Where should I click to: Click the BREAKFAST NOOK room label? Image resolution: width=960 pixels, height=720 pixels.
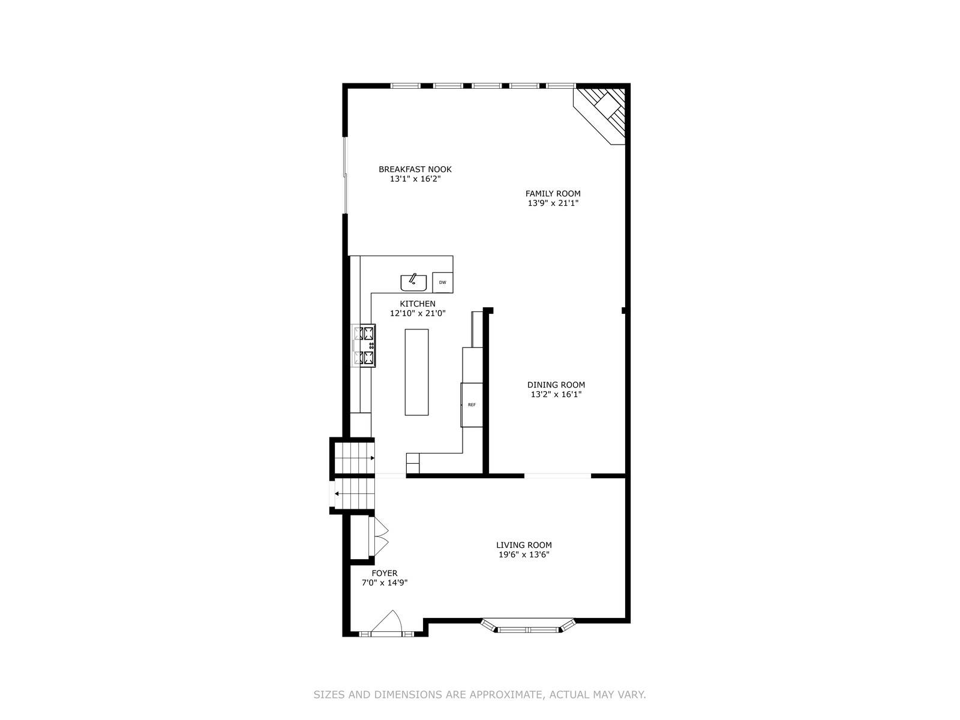[415, 169]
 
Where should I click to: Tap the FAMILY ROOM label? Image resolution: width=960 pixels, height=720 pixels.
[553, 193]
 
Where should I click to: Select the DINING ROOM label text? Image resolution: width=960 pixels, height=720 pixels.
[556, 385]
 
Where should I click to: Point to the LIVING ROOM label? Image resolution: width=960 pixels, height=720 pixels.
[524, 545]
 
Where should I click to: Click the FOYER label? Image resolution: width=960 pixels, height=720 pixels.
[385, 573]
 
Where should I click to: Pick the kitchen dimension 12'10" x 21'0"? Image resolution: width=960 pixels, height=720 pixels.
[418, 313]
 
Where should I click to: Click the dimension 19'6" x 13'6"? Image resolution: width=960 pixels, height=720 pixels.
[524, 555]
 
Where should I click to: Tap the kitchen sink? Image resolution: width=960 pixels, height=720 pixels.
[413, 283]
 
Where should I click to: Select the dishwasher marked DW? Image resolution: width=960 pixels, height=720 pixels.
[443, 283]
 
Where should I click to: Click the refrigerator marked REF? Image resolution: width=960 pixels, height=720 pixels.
[472, 405]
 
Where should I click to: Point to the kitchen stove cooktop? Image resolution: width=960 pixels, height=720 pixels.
[364, 346]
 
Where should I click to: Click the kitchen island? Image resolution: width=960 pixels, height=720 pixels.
[416, 372]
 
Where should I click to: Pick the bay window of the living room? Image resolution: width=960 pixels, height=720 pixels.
[528, 626]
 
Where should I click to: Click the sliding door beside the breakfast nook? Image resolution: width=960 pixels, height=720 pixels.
[345, 176]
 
